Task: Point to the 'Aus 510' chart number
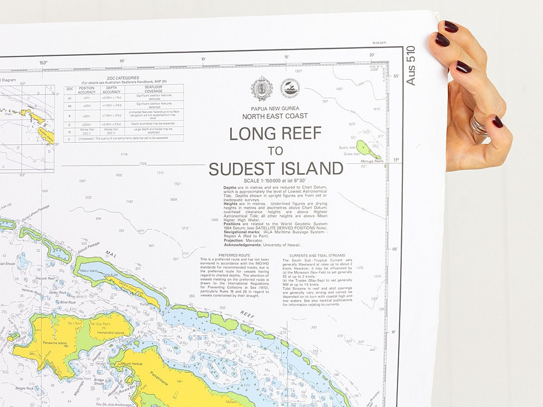tap(411, 65)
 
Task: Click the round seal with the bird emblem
tap(290, 88)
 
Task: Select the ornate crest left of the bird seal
tap(262, 88)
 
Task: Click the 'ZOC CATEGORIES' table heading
tap(123, 78)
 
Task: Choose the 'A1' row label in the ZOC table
tap(69, 98)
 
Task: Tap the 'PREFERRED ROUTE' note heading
tap(235, 255)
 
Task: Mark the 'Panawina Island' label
tap(55, 343)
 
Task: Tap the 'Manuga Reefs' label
tap(372, 161)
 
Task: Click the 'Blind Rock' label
tap(67, 302)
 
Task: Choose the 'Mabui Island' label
tap(88, 270)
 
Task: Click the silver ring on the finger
tap(478, 126)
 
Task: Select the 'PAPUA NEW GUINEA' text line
tap(275, 109)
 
